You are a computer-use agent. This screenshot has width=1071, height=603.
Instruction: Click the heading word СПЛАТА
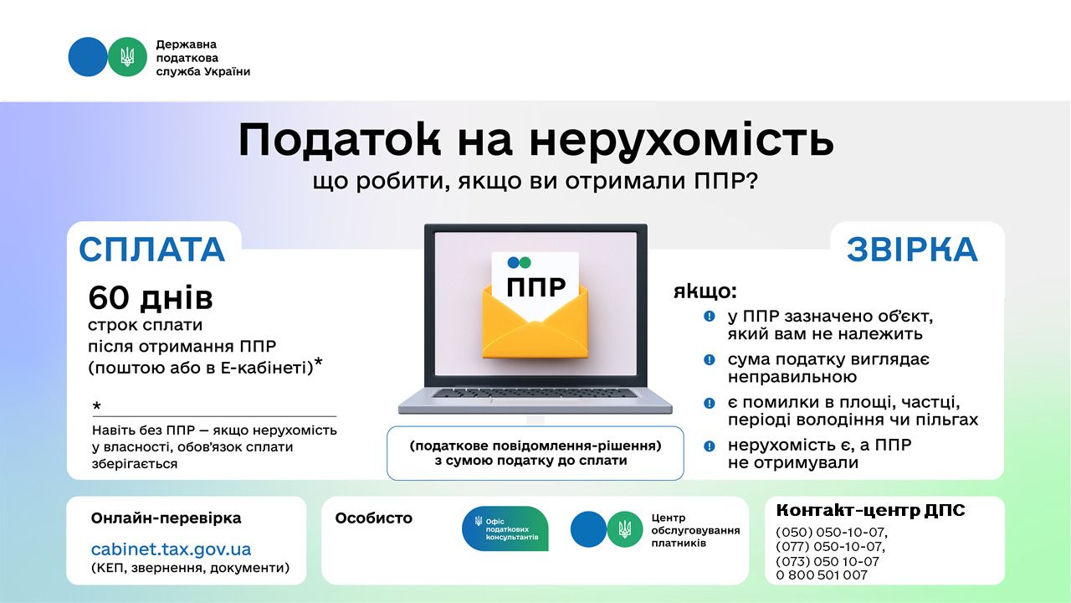point(152,250)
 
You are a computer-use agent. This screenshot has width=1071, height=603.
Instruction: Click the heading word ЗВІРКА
point(911,250)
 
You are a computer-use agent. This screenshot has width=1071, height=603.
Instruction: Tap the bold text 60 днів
point(151,297)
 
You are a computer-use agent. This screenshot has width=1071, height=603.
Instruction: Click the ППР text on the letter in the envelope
point(535,287)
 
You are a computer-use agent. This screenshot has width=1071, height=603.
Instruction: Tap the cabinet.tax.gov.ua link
point(171,549)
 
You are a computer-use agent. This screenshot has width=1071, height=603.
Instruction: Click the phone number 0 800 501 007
point(822,575)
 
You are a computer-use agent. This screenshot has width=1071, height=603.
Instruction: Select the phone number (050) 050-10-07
point(831,532)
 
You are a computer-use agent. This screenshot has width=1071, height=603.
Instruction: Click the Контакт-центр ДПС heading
point(870,510)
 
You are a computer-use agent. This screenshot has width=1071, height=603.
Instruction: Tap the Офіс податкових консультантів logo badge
point(505,528)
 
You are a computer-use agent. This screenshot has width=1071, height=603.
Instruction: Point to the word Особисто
point(373,518)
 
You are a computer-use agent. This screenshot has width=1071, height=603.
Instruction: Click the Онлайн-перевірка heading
point(166,518)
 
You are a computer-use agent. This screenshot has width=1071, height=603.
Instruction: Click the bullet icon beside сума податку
point(710,359)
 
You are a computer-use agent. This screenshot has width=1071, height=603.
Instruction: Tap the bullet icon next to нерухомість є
point(710,446)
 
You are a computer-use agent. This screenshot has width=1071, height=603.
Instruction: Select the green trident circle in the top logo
point(127,57)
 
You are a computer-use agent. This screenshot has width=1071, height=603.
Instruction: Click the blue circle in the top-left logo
point(87,57)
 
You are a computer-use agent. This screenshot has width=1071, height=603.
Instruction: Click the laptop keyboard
point(535,393)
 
